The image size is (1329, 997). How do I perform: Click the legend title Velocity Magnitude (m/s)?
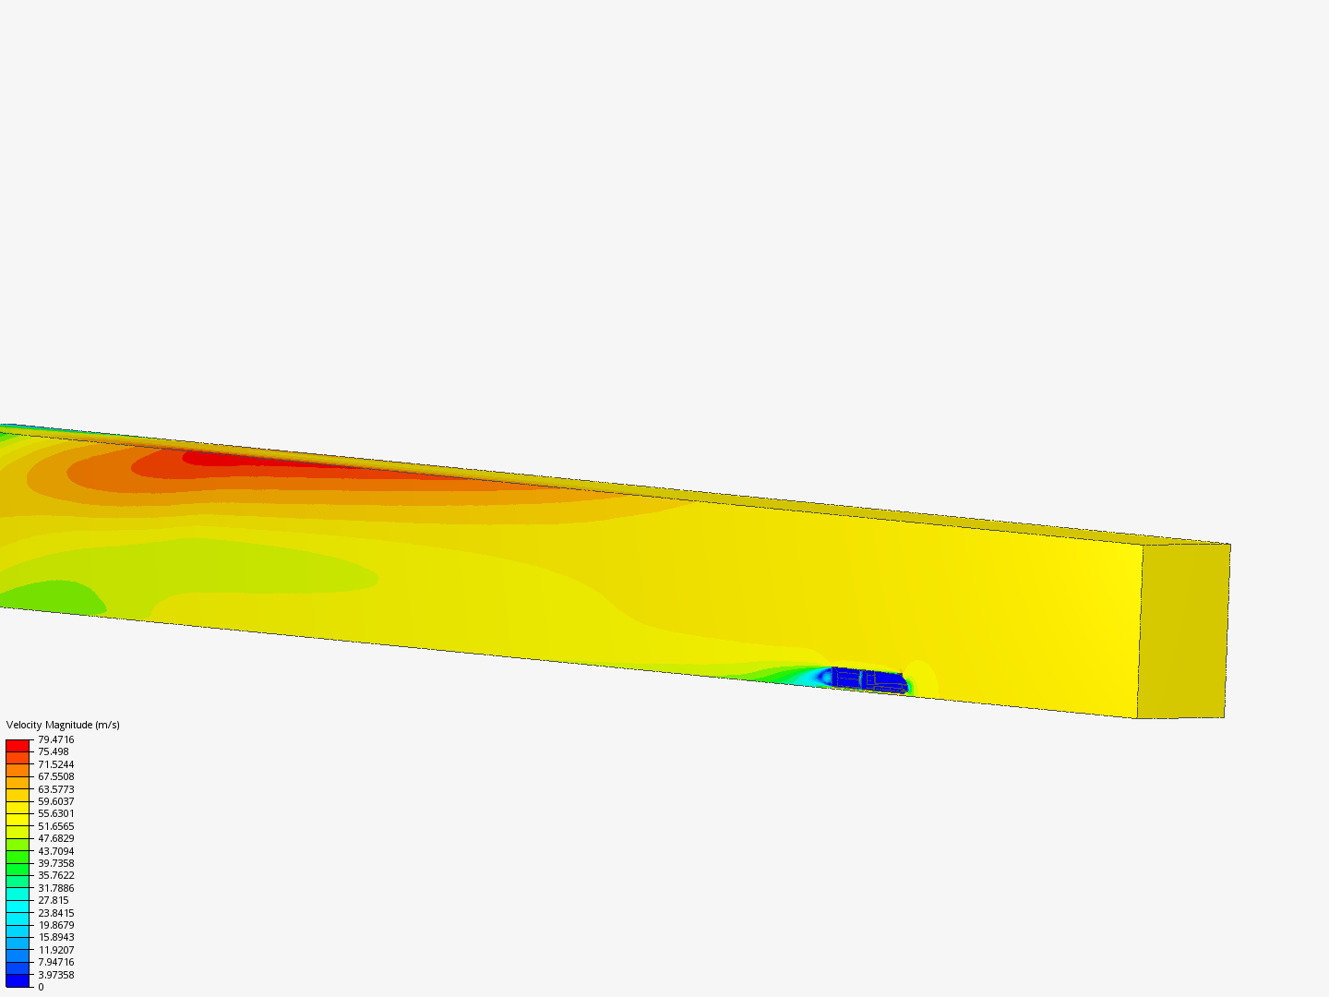63,725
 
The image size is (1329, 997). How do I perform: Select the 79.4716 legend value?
55,739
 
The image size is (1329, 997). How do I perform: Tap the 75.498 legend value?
54,751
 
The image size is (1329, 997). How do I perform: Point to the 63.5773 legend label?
55,789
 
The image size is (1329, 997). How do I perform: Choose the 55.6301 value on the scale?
55,813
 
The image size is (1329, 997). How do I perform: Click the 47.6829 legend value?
55,838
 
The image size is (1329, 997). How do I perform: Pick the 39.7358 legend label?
55,863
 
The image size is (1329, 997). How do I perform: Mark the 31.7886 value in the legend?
55,888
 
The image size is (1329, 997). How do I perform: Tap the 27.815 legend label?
54,900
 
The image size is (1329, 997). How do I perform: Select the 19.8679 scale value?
55,925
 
